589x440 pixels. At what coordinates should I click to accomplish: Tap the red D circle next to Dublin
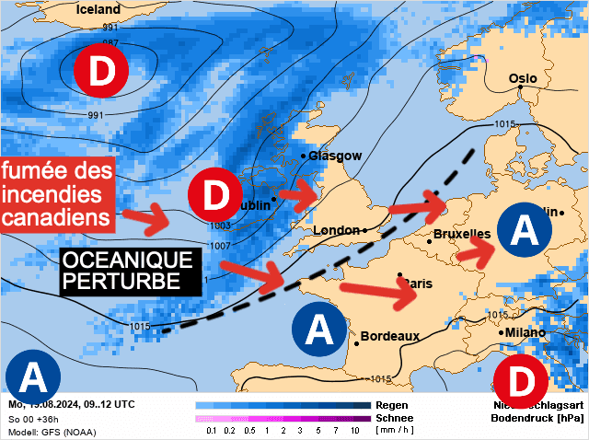click(x=214, y=195)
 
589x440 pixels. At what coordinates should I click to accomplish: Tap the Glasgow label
click(x=335, y=156)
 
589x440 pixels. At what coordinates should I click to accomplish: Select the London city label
click(x=336, y=230)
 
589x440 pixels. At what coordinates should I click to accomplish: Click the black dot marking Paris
click(x=399, y=275)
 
